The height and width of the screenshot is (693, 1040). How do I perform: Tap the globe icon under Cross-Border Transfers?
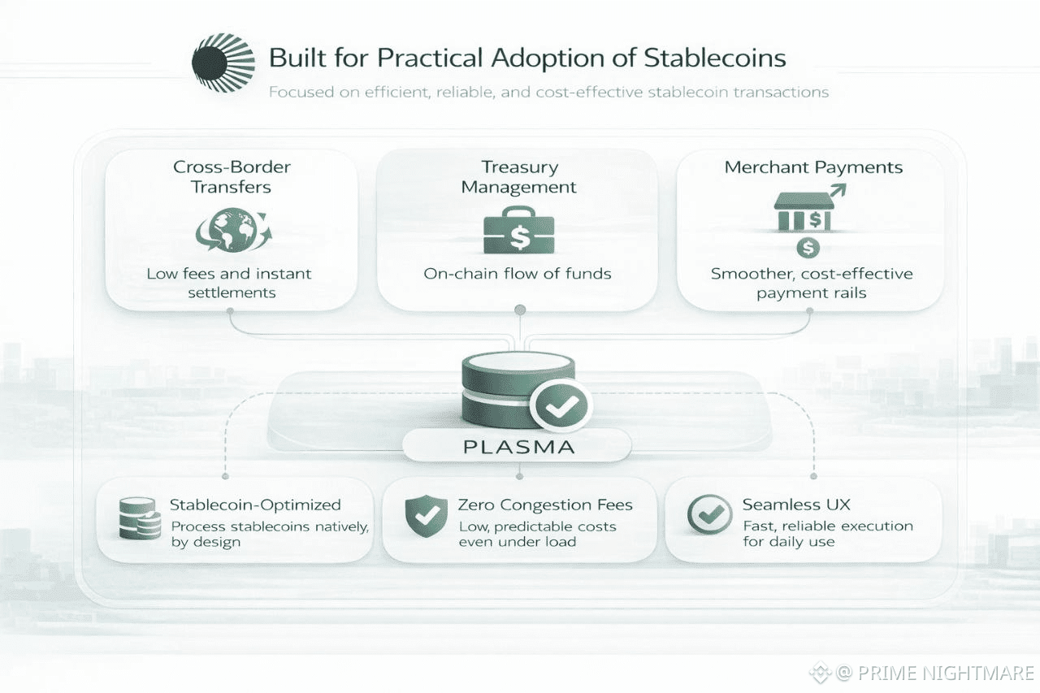click(x=233, y=231)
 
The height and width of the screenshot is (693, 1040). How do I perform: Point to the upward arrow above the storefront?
click(x=837, y=192)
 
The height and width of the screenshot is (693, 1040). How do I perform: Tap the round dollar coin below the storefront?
click(x=809, y=247)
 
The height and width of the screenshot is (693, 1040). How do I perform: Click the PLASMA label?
click(x=518, y=446)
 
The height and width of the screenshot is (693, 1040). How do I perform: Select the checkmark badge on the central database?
click(x=560, y=404)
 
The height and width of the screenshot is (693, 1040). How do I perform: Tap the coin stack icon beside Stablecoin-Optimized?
click(x=138, y=518)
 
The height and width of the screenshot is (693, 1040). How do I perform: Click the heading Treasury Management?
click(x=519, y=177)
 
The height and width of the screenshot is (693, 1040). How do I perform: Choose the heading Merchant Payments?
click(x=813, y=167)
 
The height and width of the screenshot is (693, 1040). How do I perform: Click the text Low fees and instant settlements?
click(x=230, y=283)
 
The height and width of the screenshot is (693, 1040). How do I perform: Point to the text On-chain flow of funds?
click(x=518, y=273)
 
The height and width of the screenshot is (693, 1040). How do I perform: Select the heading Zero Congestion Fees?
click(x=545, y=505)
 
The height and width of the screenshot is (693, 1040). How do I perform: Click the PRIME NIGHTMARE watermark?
click(x=934, y=673)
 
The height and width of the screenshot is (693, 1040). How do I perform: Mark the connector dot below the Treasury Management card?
click(x=520, y=310)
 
